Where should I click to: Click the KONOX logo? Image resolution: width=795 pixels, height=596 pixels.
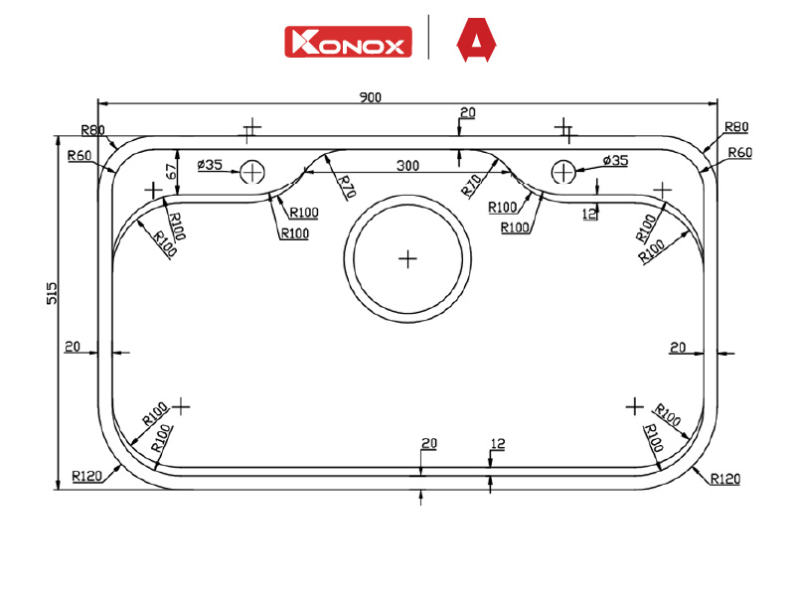pyautogui.click(x=348, y=42)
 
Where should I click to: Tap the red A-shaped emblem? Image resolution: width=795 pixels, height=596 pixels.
pyautogui.click(x=476, y=40)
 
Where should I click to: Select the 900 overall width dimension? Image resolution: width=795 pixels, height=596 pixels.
pyautogui.click(x=370, y=96)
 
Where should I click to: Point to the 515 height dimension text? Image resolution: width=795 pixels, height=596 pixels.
pyautogui.click(x=52, y=293)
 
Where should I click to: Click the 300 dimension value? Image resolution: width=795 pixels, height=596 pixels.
pyautogui.click(x=407, y=166)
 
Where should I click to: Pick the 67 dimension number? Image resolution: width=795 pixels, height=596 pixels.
pyautogui.click(x=171, y=171)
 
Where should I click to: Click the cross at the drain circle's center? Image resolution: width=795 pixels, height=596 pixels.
pyautogui.click(x=407, y=259)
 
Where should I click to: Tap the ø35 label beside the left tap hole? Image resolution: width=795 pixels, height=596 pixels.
pyautogui.click(x=210, y=165)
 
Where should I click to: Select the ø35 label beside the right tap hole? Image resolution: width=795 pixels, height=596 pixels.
pyautogui.click(x=615, y=161)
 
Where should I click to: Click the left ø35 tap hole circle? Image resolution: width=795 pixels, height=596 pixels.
pyautogui.click(x=252, y=172)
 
